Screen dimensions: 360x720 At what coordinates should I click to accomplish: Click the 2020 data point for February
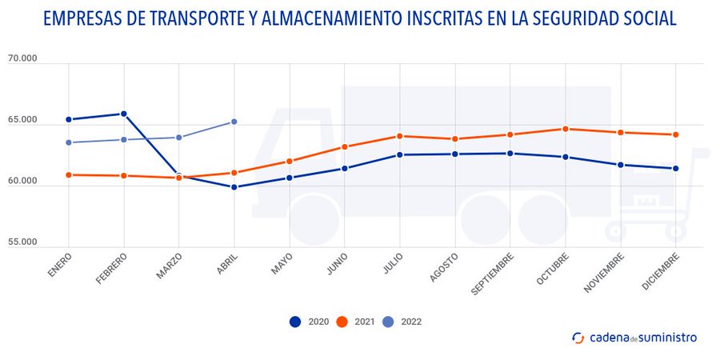click(x=123, y=114)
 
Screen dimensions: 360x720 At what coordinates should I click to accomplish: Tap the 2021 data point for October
click(x=566, y=129)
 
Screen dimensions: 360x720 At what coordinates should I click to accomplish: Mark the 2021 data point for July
click(x=399, y=136)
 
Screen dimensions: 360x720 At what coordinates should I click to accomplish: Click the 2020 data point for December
click(x=676, y=168)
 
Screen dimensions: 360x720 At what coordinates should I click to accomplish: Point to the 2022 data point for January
click(x=69, y=142)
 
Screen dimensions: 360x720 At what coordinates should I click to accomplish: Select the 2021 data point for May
click(x=289, y=161)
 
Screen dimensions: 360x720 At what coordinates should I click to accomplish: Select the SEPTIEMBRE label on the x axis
click(x=492, y=273)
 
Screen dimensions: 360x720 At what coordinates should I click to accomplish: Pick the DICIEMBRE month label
click(x=661, y=271)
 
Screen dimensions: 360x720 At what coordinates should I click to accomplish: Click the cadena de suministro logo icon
click(x=578, y=338)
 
